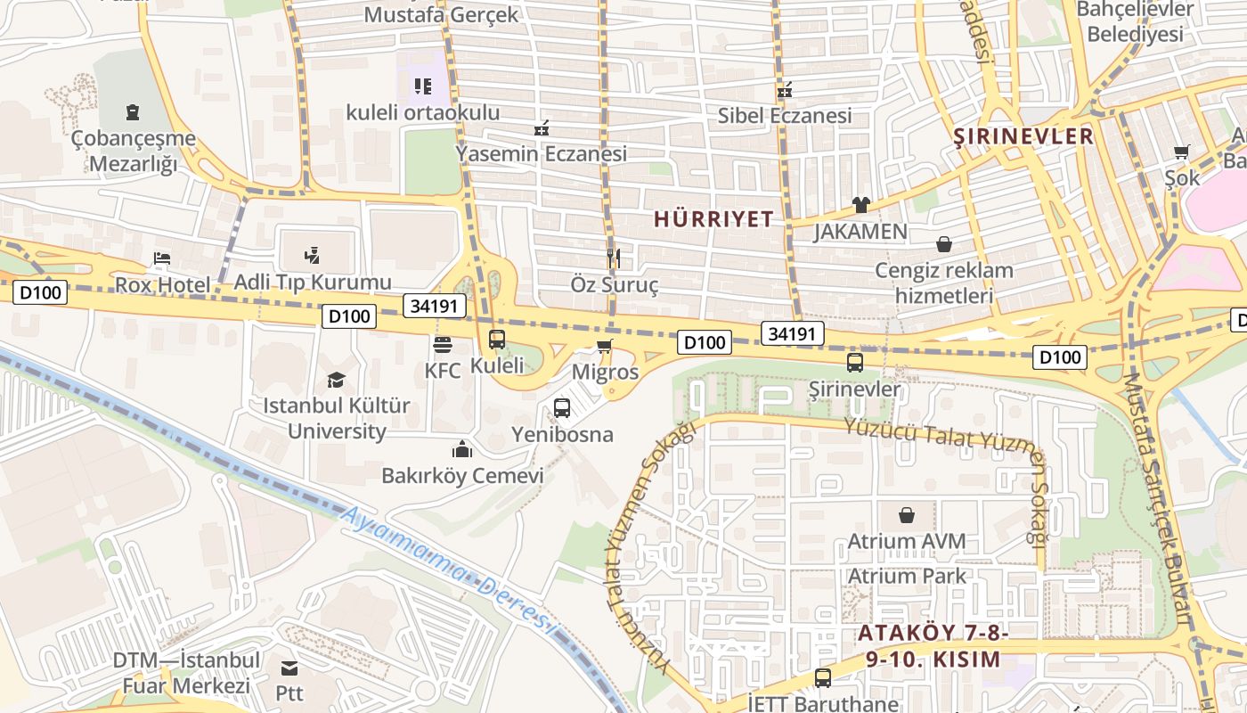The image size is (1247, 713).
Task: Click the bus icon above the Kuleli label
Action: (x=497, y=340)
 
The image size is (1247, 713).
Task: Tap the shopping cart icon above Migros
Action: (x=605, y=346)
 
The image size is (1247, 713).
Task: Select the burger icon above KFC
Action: (x=442, y=345)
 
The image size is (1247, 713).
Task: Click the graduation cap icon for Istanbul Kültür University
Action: (x=336, y=381)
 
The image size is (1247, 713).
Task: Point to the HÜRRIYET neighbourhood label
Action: (x=713, y=219)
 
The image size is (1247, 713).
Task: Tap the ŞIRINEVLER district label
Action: (x=1023, y=136)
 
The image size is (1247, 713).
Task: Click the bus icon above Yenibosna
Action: (x=562, y=408)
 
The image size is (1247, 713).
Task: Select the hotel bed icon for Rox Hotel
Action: (x=161, y=259)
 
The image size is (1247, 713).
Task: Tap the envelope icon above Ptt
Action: (x=289, y=668)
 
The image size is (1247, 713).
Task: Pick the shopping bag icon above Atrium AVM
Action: (x=907, y=515)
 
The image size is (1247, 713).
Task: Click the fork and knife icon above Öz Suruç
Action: (x=613, y=259)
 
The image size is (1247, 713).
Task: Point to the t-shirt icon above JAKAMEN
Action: (x=860, y=205)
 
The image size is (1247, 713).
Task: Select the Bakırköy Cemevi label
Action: (x=462, y=475)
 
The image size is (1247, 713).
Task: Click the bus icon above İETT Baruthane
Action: (x=822, y=677)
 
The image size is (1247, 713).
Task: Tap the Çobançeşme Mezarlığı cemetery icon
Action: (x=133, y=112)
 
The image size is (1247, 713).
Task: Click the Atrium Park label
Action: (x=907, y=576)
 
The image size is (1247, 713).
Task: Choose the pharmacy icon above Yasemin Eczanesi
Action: (x=541, y=129)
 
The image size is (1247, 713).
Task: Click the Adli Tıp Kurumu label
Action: (x=313, y=283)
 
